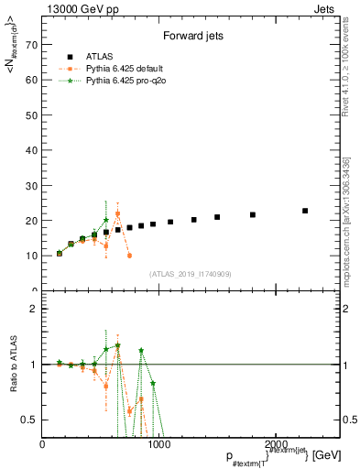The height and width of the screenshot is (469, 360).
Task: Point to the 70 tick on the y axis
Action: tap(34, 44)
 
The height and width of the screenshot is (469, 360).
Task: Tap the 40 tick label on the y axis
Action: tap(34, 150)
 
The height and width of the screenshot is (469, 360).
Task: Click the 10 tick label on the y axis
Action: tap(34, 256)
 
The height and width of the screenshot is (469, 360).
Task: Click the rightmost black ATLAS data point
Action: tap(305, 211)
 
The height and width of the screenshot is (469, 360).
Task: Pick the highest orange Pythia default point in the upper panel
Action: tap(118, 213)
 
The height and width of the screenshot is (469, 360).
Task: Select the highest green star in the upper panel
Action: tap(106, 220)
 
